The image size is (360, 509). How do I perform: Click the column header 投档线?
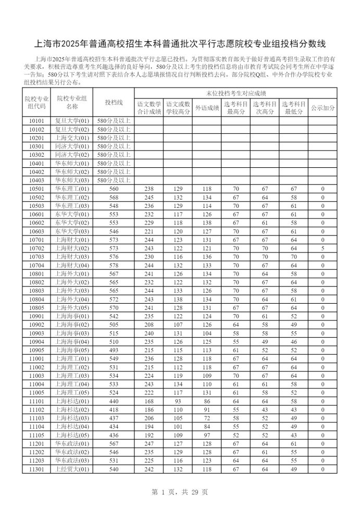(114, 103)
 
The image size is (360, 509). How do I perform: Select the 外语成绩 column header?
(207, 108)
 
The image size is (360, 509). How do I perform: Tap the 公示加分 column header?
(323, 108)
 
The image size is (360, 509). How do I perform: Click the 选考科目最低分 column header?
(294, 108)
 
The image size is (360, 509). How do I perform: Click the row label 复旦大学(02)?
(72, 129)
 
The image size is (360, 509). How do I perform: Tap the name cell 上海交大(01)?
(72, 138)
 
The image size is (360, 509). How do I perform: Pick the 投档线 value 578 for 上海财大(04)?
(114, 265)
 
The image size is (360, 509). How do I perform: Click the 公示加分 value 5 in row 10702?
(323, 249)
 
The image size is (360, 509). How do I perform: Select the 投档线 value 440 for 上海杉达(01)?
(114, 401)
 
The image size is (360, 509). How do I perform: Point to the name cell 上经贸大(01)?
(72, 469)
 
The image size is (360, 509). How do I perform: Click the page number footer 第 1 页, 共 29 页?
(179, 492)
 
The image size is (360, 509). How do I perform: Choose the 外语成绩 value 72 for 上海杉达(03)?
(207, 418)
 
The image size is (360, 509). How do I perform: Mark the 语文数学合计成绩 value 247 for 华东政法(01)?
(149, 443)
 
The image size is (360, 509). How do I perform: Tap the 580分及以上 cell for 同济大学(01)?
(114, 146)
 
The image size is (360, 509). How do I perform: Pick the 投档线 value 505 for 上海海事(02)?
(114, 325)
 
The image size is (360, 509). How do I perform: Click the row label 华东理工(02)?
(72, 197)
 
